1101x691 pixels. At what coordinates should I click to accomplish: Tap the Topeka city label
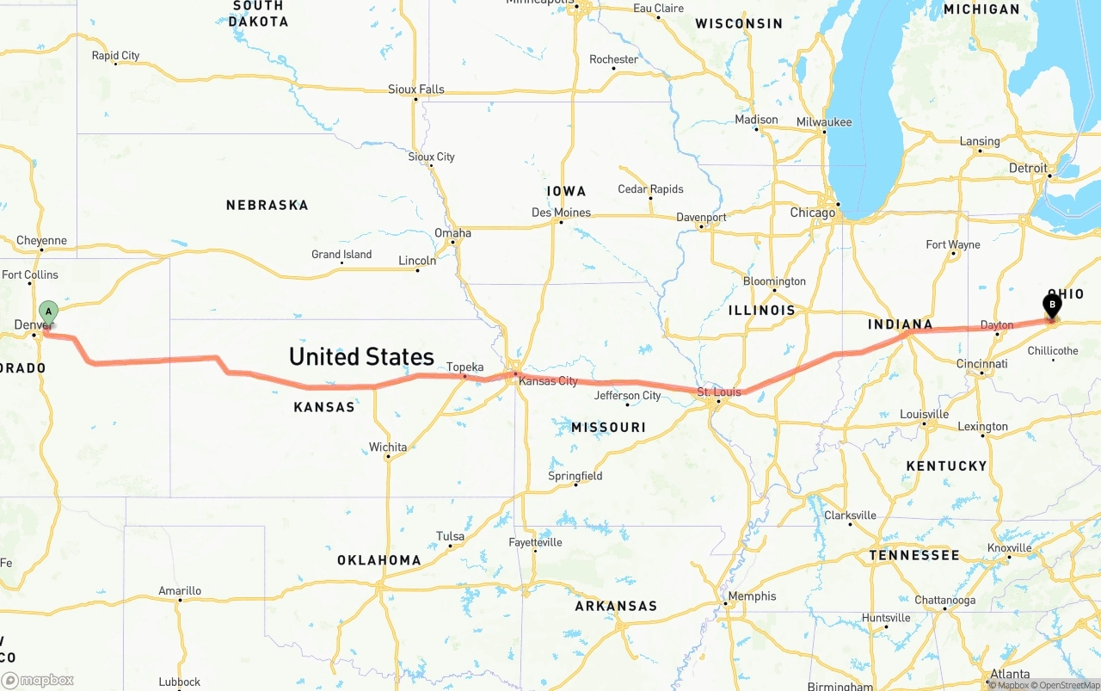pos(464,367)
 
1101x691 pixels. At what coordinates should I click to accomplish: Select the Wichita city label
pos(388,447)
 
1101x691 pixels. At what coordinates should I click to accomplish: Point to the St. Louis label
pos(719,392)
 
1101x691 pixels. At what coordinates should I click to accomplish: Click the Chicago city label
pos(813,213)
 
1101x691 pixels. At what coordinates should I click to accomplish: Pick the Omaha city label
pos(452,233)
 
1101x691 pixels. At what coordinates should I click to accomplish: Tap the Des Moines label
pos(561,213)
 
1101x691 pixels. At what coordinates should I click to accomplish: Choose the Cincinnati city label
pos(981,364)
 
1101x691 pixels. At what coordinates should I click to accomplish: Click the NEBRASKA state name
pos(267,205)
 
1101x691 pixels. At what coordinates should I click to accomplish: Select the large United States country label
pos(361,356)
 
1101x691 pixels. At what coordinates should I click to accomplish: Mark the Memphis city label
pos(752,596)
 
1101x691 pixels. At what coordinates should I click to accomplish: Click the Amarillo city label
pos(180,590)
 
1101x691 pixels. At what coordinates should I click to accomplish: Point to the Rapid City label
pos(115,56)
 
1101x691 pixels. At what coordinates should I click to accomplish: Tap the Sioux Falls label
pos(416,89)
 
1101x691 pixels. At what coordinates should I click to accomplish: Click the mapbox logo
pos(38,680)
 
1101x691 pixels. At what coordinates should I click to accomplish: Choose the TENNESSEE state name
pos(913,555)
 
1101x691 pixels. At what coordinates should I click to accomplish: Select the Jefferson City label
pos(628,396)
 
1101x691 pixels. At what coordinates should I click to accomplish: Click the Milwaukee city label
pos(824,122)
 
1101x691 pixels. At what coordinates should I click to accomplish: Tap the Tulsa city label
pos(450,536)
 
